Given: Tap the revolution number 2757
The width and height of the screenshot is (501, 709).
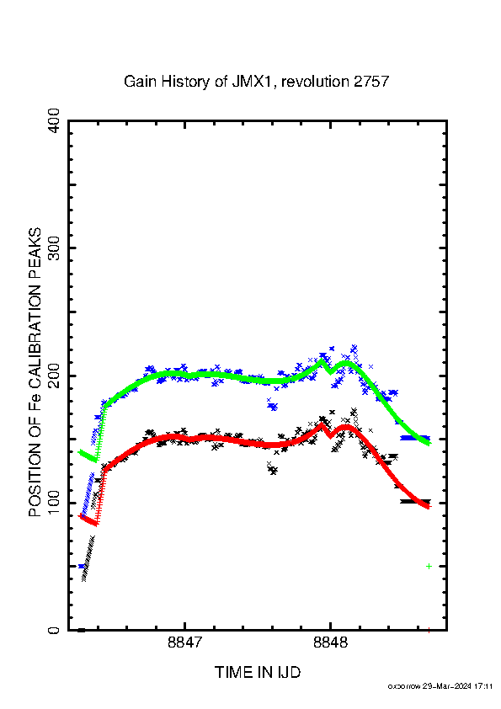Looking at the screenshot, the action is point(371,82).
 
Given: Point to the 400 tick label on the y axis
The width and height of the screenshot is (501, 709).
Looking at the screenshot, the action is point(54,120).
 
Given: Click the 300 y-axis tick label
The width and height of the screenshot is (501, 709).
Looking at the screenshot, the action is point(54,248).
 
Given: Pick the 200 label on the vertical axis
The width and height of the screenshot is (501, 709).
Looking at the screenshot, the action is point(54,376).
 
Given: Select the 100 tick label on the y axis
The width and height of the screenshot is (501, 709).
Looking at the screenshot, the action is point(54,503).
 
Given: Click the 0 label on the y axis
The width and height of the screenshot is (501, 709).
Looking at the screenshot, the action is point(54,630).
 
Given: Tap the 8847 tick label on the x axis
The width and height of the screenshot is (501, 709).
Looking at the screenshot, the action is point(184,642).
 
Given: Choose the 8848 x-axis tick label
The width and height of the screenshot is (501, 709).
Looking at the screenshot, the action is point(331,642).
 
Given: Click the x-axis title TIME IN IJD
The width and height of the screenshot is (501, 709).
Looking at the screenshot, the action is point(258,673).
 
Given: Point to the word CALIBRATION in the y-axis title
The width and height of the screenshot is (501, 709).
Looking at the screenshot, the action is point(35,333).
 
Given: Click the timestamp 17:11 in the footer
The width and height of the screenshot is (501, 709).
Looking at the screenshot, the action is point(483,686).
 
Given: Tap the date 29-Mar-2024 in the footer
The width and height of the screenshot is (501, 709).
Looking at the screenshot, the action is point(447,686).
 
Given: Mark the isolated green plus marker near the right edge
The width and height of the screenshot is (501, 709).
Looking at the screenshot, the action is point(429,566).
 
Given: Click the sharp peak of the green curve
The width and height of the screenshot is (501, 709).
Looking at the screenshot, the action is point(322,360).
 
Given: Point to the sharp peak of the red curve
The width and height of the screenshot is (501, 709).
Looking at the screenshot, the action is point(322,424).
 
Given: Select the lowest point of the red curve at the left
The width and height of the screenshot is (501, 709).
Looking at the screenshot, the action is point(96,524).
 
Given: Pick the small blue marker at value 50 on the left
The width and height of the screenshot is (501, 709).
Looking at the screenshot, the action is point(82,566).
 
